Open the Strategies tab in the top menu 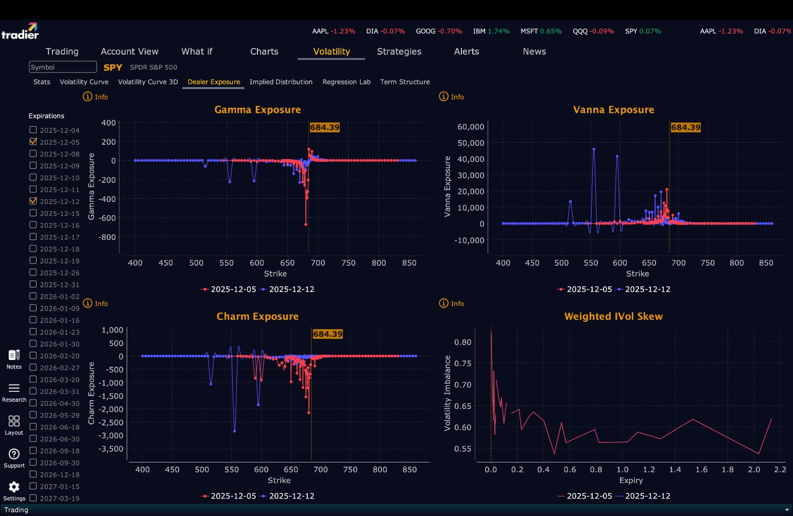pyautogui.click(x=399, y=51)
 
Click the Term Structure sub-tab pyautogui.click(x=405, y=82)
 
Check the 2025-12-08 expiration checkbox pyautogui.click(x=33, y=154)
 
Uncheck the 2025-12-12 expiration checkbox pyautogui.click(x=33, y=201)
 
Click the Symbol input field pyautogui.click(x=63, y=67)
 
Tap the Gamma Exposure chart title pyautogui.click(x=257, y=110)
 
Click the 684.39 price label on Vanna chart pyautogui.click(x=685, y=127)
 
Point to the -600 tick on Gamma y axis pyautogui.click(x=107, y=218)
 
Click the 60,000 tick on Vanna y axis pyautogui.click(x=471, y=127)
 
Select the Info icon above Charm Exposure pyautogui.click(x=88, y=303)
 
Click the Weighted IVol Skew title pyautogui.click(x=613, y=316)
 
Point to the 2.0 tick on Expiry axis pyautogui.click(x=754, y=470)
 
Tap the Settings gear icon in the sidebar pyautogui.click(x=14, y=487)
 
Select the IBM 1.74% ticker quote pyautogui.click(x=491, y=31)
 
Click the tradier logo pyautogui.click(x=20, y=31)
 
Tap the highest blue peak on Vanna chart pyautogui.click(x=594, y=149)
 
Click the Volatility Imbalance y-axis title pyautogui.click(x=447, y=393)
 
